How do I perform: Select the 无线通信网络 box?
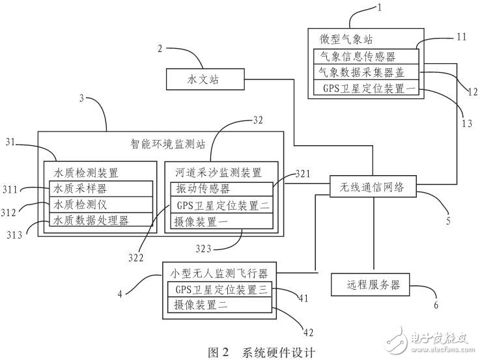tap(372, 187)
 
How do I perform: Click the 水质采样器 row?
tap(101, 188)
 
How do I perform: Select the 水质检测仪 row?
tap(101, 204)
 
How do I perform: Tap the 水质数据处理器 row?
tap(101, 220)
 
